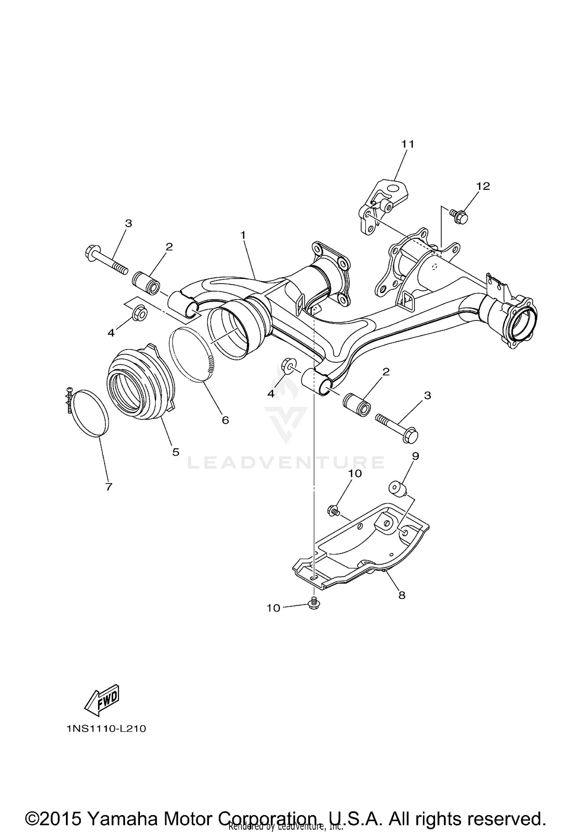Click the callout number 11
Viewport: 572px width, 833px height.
pyautogui.click(x=407, y=144)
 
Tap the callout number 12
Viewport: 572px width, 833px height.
pyautogui.click(x=483, y=186)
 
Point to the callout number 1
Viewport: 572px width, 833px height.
pyautogui.click(x=243, y=235)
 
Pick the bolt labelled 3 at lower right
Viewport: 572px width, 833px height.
pyautogui.click(x=399, y=425)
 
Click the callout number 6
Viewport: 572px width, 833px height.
pyautogui.click(x=225, y=420)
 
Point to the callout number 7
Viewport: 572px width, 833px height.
pyautogui.click(x=109, y=487)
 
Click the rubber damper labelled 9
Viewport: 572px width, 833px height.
pyautogui.click(x=397, y=489)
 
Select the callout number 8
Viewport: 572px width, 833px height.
pyautogui.click(x=402, y=595)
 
